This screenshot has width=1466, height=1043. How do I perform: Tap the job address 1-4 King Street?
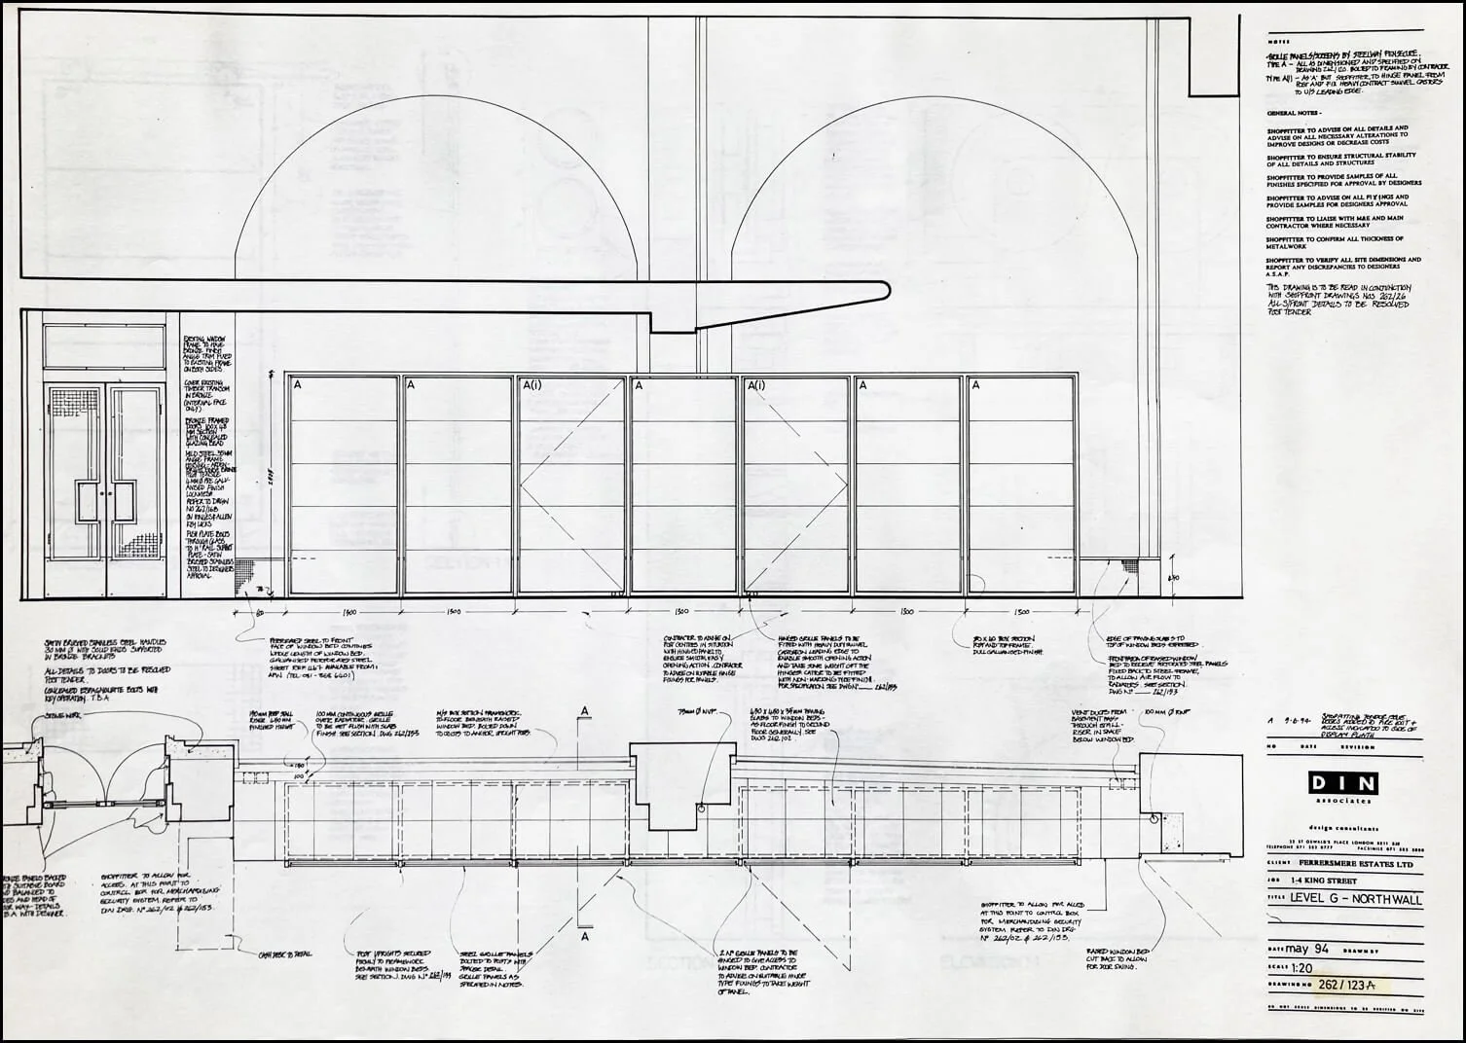[1329, 881]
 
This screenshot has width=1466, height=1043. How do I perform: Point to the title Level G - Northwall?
[1355, 900]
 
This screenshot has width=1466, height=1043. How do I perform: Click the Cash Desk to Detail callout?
[284, 954]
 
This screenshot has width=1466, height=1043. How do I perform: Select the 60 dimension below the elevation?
[260, 612]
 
